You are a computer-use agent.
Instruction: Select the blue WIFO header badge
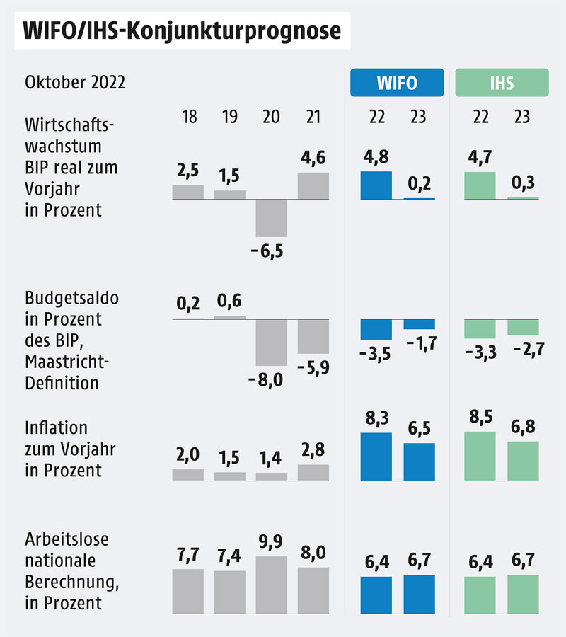397,82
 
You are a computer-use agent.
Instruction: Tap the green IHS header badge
502,82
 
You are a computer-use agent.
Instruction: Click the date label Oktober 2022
75,83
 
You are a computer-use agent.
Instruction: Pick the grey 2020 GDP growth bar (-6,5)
271,218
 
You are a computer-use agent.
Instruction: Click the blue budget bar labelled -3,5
376,329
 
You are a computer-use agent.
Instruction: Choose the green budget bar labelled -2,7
523,327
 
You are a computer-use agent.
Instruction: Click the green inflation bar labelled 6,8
523,461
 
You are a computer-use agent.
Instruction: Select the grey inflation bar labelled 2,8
313,473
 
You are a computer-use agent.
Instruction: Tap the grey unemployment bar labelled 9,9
271,585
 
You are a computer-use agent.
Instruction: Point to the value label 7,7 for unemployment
188,555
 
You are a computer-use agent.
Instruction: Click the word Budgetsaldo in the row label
71,298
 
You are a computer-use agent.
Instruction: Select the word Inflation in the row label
56,428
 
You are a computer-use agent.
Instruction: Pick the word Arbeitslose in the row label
67,539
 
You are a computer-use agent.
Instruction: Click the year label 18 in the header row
189,117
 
